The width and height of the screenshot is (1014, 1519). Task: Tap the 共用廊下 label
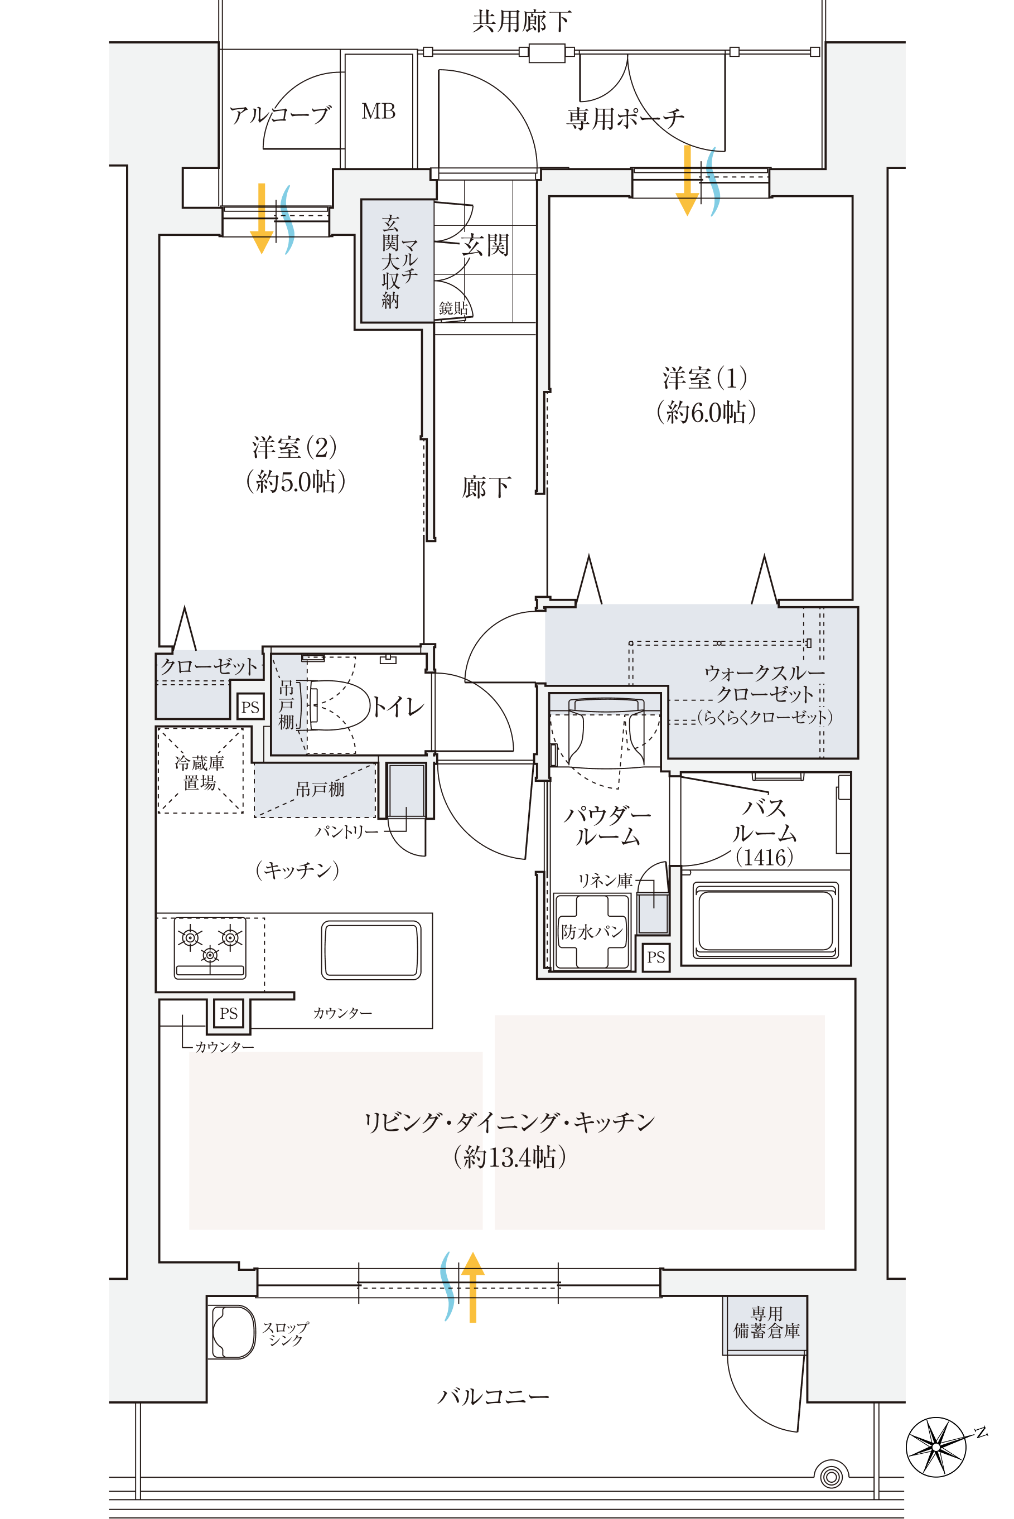522,21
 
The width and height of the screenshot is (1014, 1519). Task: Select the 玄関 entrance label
485,245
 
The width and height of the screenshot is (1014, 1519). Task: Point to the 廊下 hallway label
486,487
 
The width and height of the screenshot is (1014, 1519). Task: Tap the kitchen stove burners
210,947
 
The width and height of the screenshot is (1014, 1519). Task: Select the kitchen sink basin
371,950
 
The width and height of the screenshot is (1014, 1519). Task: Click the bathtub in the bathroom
766,921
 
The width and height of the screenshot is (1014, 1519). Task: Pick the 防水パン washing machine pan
591,931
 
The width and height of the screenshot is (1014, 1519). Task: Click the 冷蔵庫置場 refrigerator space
200,771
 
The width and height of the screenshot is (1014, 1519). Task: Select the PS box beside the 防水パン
656,957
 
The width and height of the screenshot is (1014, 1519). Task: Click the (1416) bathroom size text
764,857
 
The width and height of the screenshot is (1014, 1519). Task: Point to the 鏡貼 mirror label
453,308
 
